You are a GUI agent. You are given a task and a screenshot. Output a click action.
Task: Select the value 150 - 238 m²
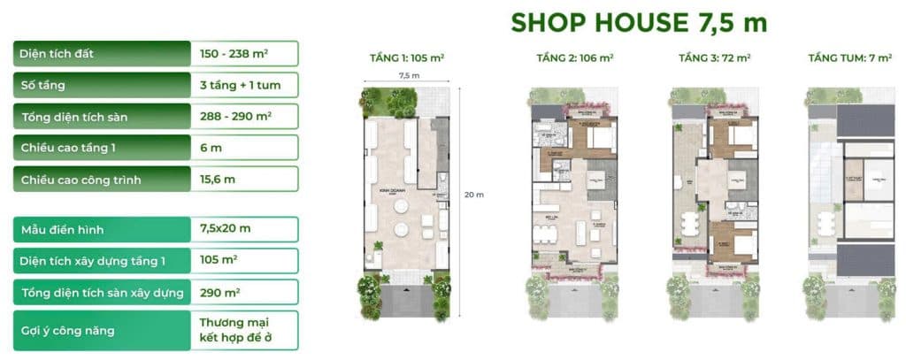[234, 54]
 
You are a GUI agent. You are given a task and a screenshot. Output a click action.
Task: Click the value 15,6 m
[218, 180]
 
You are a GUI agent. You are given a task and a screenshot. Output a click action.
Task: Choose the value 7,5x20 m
[226, 229]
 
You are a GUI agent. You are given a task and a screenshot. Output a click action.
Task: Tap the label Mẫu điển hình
[62, 229]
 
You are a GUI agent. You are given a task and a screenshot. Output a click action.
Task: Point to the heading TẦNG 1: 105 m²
[407, 59]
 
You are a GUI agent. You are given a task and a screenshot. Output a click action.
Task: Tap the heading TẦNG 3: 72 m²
[714, 59]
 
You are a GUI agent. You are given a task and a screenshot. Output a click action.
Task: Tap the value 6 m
[211, 148]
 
